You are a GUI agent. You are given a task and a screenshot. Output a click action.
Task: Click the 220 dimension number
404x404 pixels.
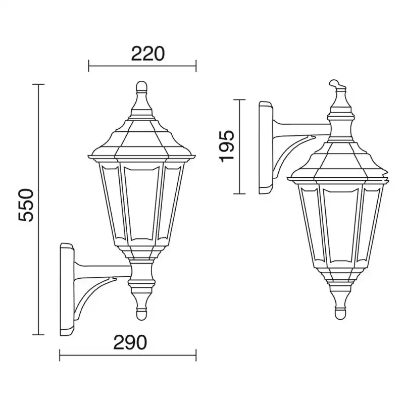[147, 54]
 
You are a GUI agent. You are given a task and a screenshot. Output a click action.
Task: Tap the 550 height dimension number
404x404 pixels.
[26, 205]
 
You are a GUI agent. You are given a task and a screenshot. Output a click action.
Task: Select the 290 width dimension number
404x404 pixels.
[130, 343]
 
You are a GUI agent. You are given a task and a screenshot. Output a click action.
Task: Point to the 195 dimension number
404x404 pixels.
[227, 146]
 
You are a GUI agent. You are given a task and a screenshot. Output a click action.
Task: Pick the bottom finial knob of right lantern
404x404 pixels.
[340, 313]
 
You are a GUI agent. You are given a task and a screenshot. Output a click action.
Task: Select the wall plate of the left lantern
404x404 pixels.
[67, 289]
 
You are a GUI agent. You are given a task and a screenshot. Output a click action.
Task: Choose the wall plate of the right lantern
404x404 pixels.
[266, 147]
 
